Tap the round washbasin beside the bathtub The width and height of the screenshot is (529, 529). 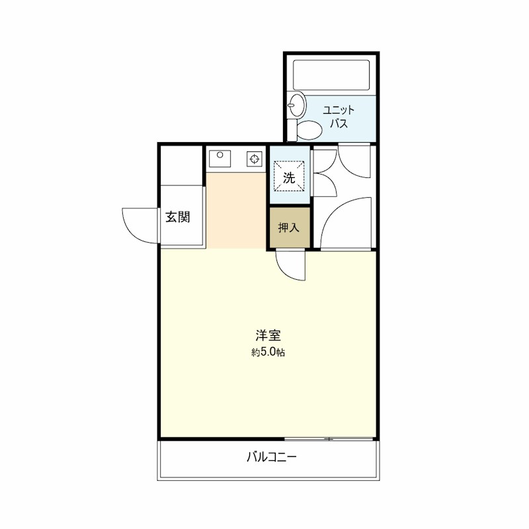tap(296, 104)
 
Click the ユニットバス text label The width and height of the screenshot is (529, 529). tap(339, 117)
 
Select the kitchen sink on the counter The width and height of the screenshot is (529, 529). tap(219, 159)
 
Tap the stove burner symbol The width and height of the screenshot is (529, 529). tap(255, 159)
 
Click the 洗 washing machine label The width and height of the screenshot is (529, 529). tap(289, 177)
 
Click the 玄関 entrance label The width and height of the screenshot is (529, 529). tap(178, 217)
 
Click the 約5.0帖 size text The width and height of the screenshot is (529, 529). tap(268, 352)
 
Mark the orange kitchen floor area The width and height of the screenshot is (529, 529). tap(236, 208)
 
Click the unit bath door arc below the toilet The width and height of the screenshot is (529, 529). tap(357, 162)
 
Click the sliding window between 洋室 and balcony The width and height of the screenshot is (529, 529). tap(331, 439)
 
